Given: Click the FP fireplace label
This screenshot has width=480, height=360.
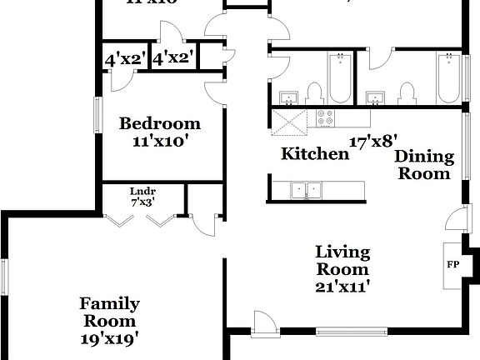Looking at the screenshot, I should pyautogui.click(x=453, y=265).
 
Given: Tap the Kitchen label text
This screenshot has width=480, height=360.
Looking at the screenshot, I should pyautogui.click(x=314, y=153).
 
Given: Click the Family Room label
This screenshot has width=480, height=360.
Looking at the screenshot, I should pyautogui.click(x=109, y=312).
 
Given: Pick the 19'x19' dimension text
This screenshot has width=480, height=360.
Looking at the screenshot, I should pyautogui.click(x=109, y=338).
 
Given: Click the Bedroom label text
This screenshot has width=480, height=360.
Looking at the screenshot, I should pyautogui.click(x=160, y=124).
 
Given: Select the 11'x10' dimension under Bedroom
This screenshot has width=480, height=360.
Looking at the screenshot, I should pyautogui.click(x=160, y=142).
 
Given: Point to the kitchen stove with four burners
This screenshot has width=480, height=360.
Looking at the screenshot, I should pyautogui.click(x=323, y=118).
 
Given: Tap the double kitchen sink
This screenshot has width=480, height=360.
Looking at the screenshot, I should pyautogui.click(x=306, y=190).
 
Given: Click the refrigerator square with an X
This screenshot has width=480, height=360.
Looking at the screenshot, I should pyautogui.click(x=289, y=123).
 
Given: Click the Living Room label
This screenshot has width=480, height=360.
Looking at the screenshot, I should pyautogui.click(x=342, y=261).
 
